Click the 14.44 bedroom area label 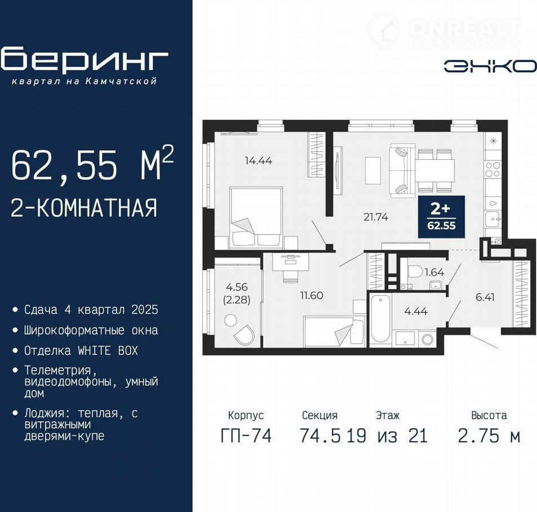coord(259,160)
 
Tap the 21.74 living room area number coord(376,217)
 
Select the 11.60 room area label coord(312,295)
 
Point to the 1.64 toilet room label coord(434,272)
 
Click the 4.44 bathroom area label coord(416,311)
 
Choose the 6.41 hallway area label coord(485,297)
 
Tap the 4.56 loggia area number coord(237,287)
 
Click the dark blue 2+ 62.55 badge coord(441,217)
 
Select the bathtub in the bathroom coord(380,318)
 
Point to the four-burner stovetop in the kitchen coord(492,170)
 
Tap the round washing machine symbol coord(428,339)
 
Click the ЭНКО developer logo coord(490,66)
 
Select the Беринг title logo coord(84,60)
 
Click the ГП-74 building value coord(246,436)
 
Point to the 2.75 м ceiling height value coord(489,436)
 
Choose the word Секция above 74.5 coord(319,415)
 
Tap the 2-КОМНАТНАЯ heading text coord(85,208)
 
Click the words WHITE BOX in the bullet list coord(108,351)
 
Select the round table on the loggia coord(231,321)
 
